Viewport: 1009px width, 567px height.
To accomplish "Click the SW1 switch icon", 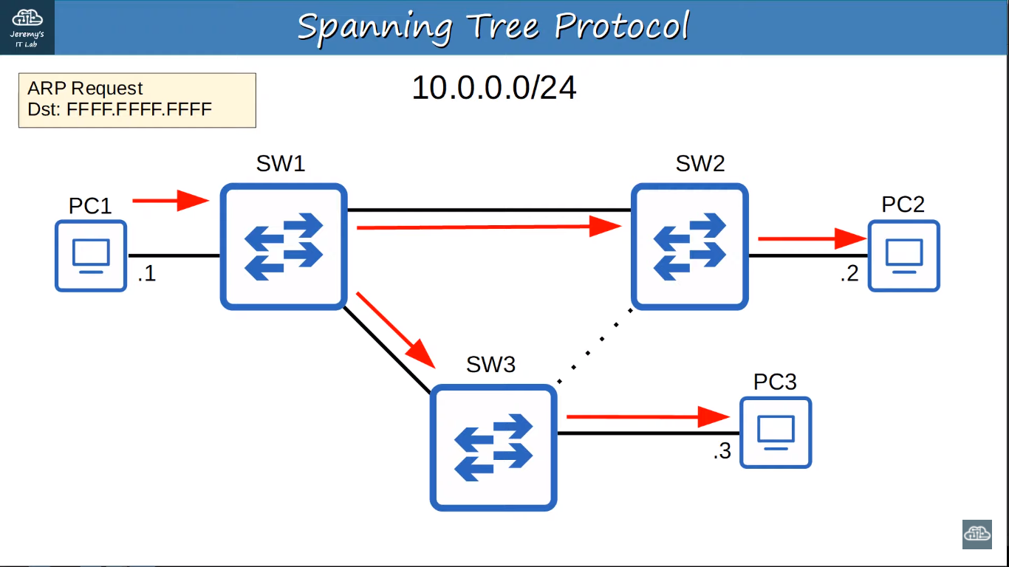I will click(x=284, y=247).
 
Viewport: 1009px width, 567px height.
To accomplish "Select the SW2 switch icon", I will click(x=690, y=247).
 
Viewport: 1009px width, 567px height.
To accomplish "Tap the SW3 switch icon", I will click(x=493, y=447).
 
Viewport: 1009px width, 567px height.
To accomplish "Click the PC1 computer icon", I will click(x=91, y=255).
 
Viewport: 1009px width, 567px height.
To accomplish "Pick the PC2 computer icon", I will click(x=904, y=255).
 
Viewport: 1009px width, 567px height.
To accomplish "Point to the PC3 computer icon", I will click(x=776, y=432).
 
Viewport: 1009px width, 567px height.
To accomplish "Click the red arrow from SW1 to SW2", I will click(x=488, y=227).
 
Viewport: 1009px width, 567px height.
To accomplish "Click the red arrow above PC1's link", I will click(x=170, y=199).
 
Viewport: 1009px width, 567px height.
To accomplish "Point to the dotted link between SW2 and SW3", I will click(x=595, y=346).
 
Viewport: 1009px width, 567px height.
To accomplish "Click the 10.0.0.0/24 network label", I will click(x=493, y=88).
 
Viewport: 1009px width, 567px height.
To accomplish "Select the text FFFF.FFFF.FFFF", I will click(x=139, y=110).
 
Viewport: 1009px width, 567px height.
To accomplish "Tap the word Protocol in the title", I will click(x=622, y=27).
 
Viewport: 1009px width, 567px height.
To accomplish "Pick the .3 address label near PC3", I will click(x=722, y=451).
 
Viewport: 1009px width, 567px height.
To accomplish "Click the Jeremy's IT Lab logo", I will click(x=27, y=27).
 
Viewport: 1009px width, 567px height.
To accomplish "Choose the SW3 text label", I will click(x=490, y=364).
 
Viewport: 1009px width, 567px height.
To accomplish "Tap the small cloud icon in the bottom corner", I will click(x=976, y=534).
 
